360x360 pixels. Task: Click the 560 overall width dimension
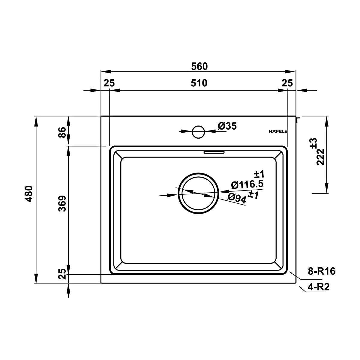pyautogui.click(x=199, y=67)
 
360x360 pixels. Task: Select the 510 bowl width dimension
pyautogui.click(x=199, y=83)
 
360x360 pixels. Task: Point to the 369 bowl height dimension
pyautogui.click(x=62, y=203)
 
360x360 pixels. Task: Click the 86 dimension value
pyautogui.click(x=62, y=132)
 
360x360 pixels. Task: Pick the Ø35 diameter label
pyautogui.click(x=227, y=126)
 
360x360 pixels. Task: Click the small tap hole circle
pyautogui.click(x=198, y=132)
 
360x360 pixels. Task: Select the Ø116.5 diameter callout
pyautogui.click(x=247, y=185)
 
